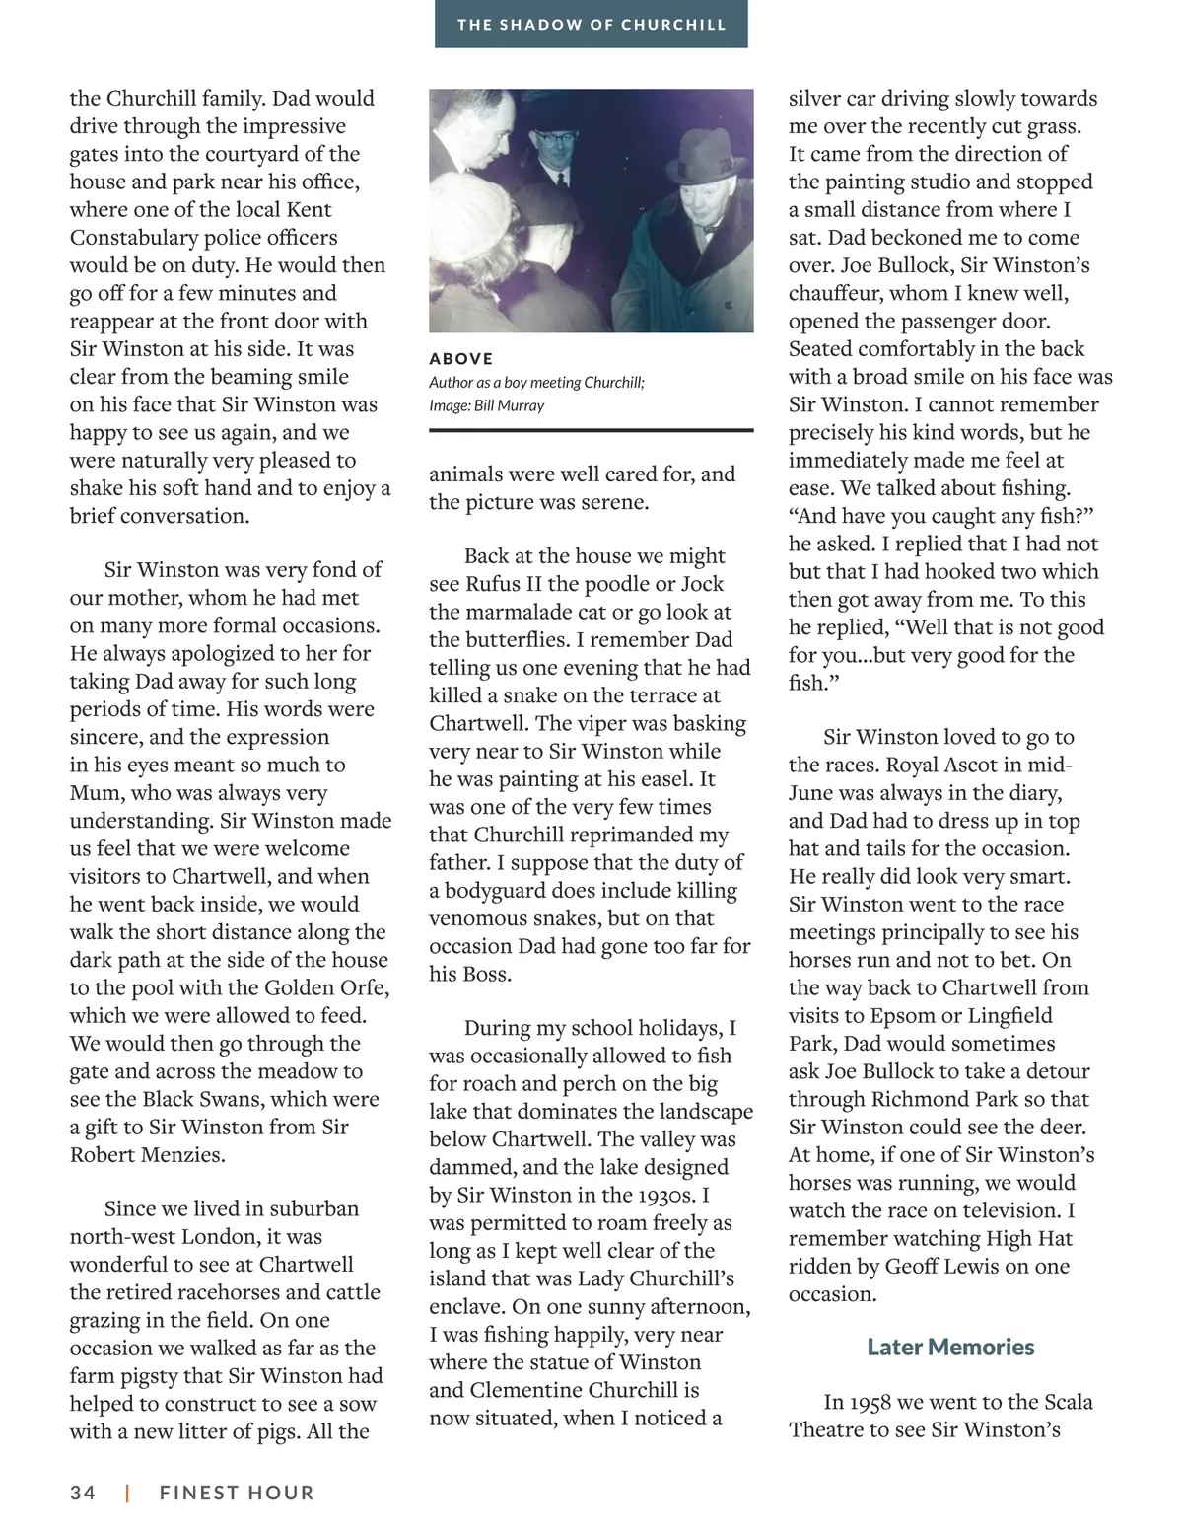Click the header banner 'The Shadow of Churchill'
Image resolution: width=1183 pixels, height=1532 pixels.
591,24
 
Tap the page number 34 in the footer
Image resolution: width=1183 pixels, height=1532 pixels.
83,1493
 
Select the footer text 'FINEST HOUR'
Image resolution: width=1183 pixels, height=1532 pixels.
237,1493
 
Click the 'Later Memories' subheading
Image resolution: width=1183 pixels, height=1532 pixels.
950,1347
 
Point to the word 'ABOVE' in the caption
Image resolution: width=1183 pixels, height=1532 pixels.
460,359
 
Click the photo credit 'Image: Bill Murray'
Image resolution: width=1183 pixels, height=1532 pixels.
486,405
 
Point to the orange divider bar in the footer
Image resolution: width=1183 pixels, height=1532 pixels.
127,1493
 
